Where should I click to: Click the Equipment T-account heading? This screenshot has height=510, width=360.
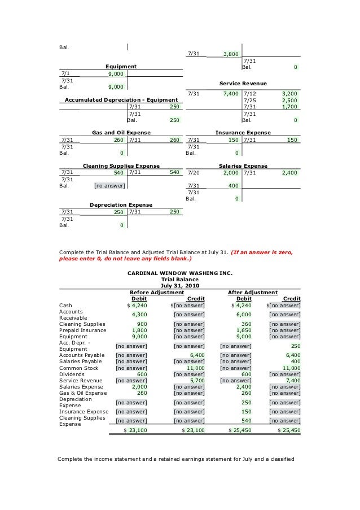pos(121,67)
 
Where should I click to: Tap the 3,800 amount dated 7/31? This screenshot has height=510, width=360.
pos(230,54)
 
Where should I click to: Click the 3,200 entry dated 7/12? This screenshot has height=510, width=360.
pos(288,93)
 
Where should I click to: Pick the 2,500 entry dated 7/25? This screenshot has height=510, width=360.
pos(288,99)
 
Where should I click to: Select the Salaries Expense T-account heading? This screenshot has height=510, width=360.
pos(243,165)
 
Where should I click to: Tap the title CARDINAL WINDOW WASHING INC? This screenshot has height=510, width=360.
pos(180,272)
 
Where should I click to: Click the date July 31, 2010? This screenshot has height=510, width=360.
pos(180,286)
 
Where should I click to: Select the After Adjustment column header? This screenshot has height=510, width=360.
pos(252,293)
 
